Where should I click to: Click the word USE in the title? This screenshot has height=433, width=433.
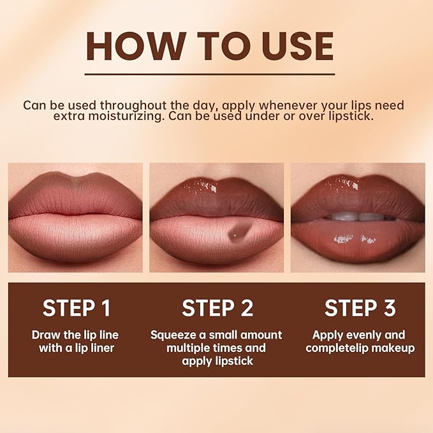pyautogui.click(x=297, y=47)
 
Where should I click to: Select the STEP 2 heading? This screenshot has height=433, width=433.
pyautogui.click(x=217, y=308)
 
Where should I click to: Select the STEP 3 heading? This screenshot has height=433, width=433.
pyautogui.click(x=360, y=308)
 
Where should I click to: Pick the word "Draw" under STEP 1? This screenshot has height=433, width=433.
pyautogui.click(x=46, y=335)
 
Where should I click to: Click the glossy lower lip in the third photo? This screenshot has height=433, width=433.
pyautogui.click(x=357, y=240)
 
